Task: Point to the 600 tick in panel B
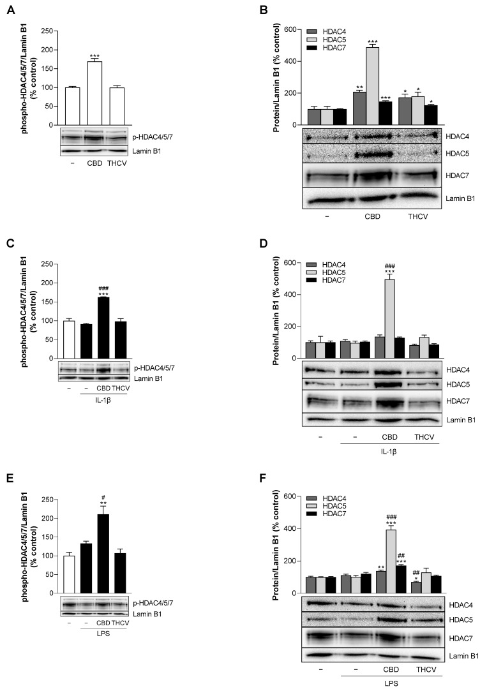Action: point(293,29)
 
